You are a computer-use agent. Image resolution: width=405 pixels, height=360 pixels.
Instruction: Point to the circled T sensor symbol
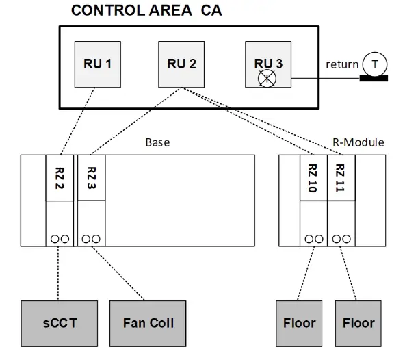pos(374,64)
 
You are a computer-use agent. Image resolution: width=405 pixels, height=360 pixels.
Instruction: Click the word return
pos(341,64)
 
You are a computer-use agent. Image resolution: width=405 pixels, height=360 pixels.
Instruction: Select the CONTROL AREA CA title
pos(146,11)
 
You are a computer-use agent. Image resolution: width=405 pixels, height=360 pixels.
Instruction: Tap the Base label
pos(157,143)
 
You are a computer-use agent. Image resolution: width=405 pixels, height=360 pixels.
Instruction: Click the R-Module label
pos(358,143)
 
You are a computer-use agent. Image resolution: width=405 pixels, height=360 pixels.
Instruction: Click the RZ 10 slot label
pos(313,179)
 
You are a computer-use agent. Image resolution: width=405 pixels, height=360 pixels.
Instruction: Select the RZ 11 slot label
pos(341,179)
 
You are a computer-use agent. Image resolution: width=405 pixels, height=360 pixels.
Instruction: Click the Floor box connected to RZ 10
pos(300,322)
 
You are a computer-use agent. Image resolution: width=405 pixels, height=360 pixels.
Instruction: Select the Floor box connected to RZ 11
pos(358,322)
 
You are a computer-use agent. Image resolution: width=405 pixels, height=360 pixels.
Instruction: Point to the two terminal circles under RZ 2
pos(59,239)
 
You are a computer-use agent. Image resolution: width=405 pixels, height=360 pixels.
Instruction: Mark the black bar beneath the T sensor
pos(374,77)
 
